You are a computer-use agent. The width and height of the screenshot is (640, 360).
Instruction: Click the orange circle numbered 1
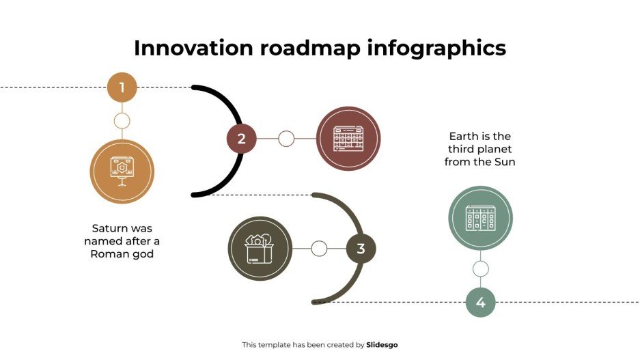(x=122, y=87)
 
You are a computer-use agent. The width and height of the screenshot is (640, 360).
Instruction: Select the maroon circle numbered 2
(x=241, y=139)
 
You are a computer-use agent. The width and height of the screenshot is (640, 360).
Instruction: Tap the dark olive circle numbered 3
(x=361, y=249)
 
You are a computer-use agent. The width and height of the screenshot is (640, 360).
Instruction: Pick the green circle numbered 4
(x=480, y=302)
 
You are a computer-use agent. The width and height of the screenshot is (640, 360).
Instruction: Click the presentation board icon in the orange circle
(x=122, y=171)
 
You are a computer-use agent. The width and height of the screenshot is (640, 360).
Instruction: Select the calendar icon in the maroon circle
(x=348, y=139)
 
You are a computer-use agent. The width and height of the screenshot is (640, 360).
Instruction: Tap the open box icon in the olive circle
(x=260, y=249)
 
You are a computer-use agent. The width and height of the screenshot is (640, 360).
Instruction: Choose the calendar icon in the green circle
(x=480, y=218)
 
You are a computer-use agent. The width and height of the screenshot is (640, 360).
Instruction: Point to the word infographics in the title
(x=437, y=48)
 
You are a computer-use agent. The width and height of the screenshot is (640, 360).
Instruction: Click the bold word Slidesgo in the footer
(x=382, y=345)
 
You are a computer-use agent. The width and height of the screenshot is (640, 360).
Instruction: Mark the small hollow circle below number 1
(x=122, y=121)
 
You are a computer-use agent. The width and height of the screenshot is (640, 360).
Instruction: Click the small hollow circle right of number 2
(x=286, y=139)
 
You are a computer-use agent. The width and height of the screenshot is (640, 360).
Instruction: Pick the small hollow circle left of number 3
(x=319, y=249)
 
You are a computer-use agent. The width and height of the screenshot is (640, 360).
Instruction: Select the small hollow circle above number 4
(x=480, y=268)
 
